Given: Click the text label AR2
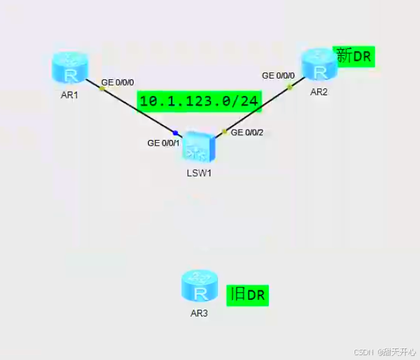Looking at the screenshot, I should (x=318, y=92).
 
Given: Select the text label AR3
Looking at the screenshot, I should (x=199, y=312).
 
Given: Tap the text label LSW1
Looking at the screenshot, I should (x=198, y=172).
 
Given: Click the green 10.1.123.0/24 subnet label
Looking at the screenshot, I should (x=199, y=101).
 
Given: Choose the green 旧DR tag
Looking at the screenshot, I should (x=248, y=295).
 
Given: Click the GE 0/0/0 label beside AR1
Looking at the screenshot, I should (x=118, y=82).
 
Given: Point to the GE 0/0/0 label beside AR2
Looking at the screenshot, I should (x=279, y=76).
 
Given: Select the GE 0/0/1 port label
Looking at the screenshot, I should (x=163, y=143).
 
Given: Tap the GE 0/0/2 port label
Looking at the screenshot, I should (x=247, y=132).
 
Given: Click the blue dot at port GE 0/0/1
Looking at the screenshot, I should (x=176, y=132).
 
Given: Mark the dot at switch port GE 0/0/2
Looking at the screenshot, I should (x=224, y=131).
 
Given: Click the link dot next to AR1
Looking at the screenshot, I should (x=102, y=88).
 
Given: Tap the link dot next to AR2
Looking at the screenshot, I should (x=290, y=88).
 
